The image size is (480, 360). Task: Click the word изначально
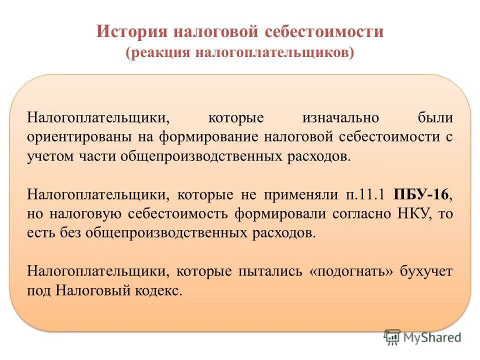pyautogui.click(x=340, y=118)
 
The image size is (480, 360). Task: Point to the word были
pyautogui.click(x=435, y=118)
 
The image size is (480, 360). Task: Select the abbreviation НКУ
pyautogui.click(x=413, y=214)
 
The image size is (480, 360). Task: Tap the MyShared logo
pyautogui.click(x=422, y=337)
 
